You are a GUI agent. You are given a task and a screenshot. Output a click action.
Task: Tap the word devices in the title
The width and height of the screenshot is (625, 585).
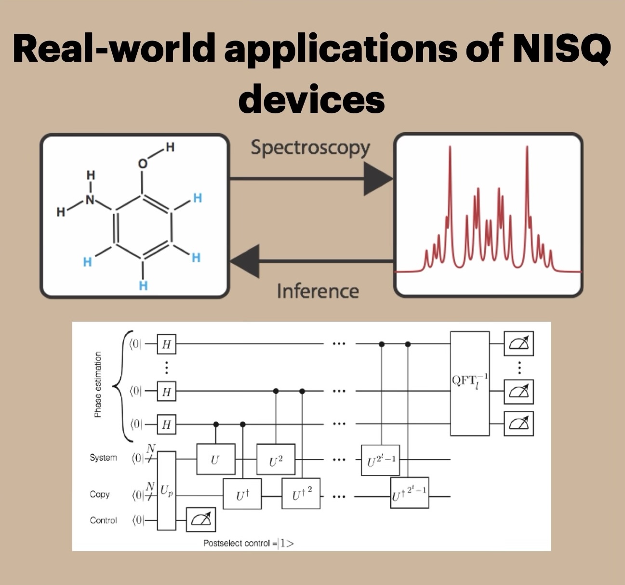point(312,98)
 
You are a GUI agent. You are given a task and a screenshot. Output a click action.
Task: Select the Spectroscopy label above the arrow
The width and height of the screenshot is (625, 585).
point(310,148)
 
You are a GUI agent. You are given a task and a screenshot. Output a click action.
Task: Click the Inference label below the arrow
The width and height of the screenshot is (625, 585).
point(318,291)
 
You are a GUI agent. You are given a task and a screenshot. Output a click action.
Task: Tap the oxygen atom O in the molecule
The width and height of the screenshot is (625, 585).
point(142,164)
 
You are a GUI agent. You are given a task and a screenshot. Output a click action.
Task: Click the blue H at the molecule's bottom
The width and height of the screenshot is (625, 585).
point(143,286)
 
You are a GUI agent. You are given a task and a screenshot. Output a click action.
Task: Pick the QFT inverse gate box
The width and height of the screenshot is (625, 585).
point(469,383)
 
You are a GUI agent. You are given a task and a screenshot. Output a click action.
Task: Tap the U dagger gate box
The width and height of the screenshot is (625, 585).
point(242,494)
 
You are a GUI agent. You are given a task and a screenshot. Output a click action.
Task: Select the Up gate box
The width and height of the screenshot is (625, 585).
point(167,490)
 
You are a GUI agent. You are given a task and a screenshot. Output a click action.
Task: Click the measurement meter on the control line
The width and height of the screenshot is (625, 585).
point(200,519)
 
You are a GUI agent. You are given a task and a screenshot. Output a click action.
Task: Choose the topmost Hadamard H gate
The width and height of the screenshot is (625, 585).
point(166,344)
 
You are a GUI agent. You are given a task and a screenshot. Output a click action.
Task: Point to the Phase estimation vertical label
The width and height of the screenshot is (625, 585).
point(98,384)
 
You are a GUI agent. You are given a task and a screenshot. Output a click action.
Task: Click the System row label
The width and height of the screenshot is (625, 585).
point(103,457)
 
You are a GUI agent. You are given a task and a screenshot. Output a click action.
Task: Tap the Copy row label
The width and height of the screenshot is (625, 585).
point(100,494)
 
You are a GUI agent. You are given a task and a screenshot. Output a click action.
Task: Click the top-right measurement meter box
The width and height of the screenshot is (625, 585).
point(519,344)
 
